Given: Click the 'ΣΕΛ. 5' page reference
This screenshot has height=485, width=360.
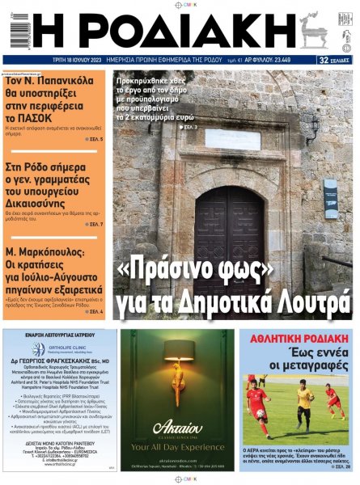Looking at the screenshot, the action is (x=94, y=140).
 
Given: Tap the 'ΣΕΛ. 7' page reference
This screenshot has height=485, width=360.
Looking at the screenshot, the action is (x=94, y=224).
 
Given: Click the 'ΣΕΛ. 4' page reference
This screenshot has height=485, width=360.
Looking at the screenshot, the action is (x=94, y=310).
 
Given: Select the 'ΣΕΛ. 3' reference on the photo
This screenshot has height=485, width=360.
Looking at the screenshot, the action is (x=190, y=127).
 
